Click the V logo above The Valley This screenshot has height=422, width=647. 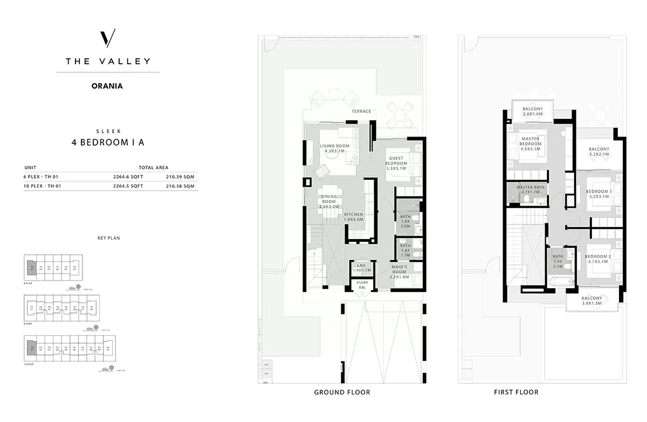pyautogui.click(x=108, y=39)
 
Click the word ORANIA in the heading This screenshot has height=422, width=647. pyautogui.click(x=108, y=86)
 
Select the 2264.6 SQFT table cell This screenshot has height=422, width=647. pyautogui.click(x=128, y=176)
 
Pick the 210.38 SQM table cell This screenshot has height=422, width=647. pyautogui.click(x=181, y=186)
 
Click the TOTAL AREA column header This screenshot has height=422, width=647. pyautogui.click(x=153, y=168)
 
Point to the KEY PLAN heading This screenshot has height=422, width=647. pyautogui.click(x=108, y=237)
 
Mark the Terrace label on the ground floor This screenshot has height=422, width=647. pyautogui.click(x=361, y=112)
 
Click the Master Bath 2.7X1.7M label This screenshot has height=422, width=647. pyautogui.click(x=531, y=189)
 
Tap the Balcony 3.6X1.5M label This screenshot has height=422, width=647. pyautogui.click(x=591, y=301)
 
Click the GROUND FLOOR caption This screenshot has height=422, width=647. pyautogui.click(x=342, y=392)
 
